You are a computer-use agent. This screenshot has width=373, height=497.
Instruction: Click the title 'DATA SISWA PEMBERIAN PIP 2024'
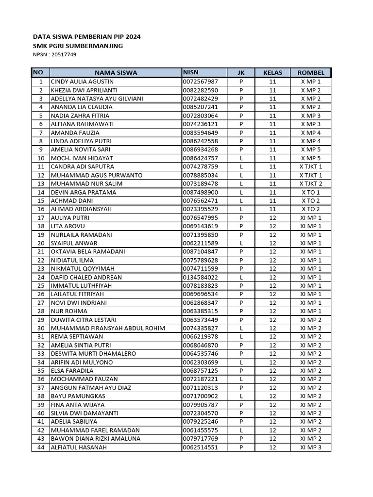[86, 37]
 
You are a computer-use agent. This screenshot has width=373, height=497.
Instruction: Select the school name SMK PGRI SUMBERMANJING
[78, 46]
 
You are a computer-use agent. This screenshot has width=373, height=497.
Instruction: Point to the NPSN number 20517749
[54, 54]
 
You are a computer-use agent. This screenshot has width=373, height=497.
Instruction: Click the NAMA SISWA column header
[116, 73]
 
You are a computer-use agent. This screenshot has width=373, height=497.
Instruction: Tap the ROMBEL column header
[310, 73]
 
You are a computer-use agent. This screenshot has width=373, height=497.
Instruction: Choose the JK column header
[241, 73]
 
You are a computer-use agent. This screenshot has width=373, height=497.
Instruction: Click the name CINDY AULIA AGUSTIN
[82, 82]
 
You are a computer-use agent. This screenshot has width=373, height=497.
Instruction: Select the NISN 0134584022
[201, 277]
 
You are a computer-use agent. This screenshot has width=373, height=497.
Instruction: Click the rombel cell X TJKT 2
[310, 183]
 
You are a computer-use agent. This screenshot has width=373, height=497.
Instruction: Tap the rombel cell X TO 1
[310, 192]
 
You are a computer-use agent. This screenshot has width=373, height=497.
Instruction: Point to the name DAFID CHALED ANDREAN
[86, 277]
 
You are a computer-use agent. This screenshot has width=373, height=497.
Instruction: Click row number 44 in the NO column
[41, 447]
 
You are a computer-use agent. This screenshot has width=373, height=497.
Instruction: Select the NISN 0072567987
[201, 82]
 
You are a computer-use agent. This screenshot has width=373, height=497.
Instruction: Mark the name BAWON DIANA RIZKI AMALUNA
[96, 439]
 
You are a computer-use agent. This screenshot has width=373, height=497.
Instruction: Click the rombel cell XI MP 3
[310, 447]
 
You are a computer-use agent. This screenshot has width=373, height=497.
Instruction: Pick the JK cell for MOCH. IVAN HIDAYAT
[241, 158]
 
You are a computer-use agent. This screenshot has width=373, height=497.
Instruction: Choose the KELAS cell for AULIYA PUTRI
[272, 218]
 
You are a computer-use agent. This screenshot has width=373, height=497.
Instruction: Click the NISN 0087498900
[201, 192]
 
